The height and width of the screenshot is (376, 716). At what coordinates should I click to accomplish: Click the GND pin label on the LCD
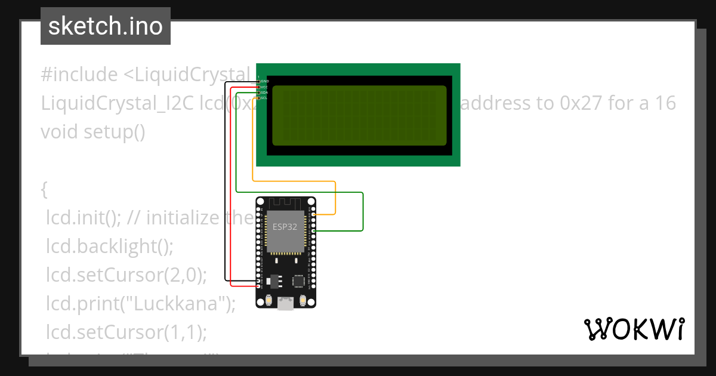click(x=264, y=81)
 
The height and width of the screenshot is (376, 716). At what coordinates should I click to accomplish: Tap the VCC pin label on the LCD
click(x=264, y=87)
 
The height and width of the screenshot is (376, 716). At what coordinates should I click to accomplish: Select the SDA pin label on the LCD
click(x=264, y=93)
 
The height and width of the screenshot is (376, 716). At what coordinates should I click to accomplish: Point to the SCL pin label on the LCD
click(x=264, y=98)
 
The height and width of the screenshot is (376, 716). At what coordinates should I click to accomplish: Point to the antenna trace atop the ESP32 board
click(x=286, y=205)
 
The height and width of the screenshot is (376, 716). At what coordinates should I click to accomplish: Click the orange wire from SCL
click(x=292, y=180)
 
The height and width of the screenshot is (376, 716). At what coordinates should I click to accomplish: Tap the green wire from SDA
click(x=298, y=192)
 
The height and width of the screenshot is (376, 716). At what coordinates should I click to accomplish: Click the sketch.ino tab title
click(x=106, y=26)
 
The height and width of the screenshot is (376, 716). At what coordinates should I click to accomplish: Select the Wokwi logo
click(x=634, y=329)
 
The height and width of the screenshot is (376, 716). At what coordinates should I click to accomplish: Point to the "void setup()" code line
click(x=93, y=131)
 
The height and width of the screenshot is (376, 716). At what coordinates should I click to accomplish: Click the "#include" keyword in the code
click(x=80, y=75)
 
